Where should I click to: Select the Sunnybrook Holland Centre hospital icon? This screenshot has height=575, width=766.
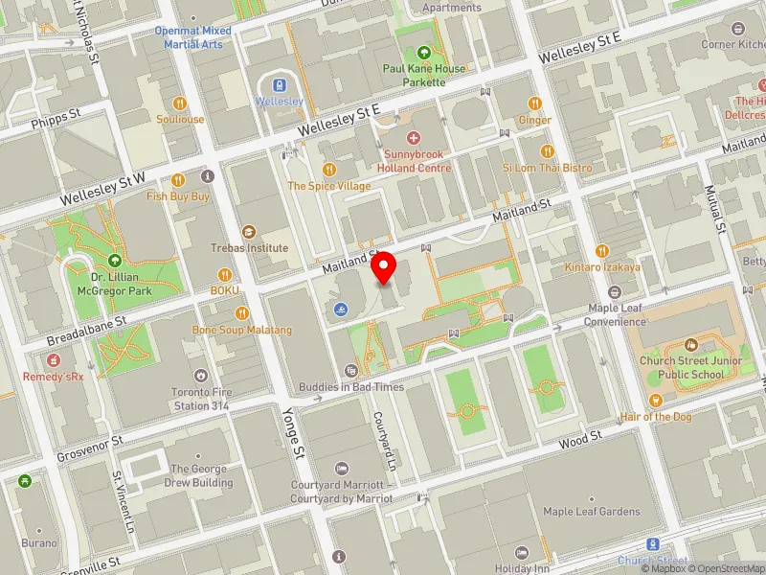(413, 139)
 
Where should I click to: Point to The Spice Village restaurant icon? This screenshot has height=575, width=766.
(329, 170)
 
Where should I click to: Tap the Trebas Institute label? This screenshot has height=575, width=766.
(250, 247)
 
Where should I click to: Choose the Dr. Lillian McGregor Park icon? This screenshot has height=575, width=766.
(114, 260)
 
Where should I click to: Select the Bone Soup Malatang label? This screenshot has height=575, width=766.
(242, 331)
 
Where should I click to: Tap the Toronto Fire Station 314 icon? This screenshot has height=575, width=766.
(201, 376)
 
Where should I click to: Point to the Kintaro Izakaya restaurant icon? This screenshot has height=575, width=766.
(601, 251)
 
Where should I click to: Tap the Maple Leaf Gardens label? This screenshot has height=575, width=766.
(591, 512)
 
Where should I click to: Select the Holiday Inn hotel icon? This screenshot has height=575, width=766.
(521, 553)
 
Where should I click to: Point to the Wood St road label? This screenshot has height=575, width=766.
(579, 438)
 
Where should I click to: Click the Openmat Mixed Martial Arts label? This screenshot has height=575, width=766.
(193, 36)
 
